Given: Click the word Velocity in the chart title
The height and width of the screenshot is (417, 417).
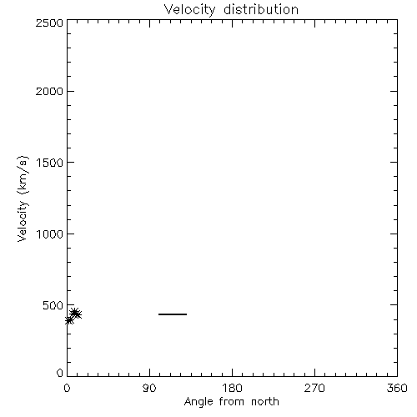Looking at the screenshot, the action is pos(190,10).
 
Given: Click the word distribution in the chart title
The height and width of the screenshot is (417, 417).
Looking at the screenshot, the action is pos(261,9).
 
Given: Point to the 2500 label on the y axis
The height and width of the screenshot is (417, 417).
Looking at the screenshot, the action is pos(49,23).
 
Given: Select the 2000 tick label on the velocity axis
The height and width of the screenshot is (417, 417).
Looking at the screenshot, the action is pos(49,91).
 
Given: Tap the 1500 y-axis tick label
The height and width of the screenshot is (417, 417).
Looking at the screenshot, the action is pos(50,163).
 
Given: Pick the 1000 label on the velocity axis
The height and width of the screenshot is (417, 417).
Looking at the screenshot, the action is pos(50,234).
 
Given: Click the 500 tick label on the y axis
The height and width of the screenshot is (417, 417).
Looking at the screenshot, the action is pos(53,305).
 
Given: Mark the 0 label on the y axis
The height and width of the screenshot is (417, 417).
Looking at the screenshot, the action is pos(60,373).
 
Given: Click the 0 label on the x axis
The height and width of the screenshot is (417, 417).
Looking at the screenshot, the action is pos(67,388).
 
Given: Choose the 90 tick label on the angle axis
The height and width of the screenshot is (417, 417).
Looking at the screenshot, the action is pos(149,388).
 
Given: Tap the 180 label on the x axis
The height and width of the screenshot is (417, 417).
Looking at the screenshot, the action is pos(232,388).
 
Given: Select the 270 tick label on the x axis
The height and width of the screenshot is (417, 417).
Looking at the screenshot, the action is pos(314,388).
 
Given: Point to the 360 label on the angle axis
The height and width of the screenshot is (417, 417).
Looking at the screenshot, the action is pos(397,388).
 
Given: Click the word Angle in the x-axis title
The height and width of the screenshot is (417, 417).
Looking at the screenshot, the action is pos(198,402).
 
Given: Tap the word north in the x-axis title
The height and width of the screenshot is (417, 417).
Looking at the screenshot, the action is pos(265,402).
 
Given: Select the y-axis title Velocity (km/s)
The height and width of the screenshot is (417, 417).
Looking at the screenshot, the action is pos(23,198).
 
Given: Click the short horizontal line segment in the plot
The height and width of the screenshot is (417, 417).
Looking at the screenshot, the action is pos(173,314).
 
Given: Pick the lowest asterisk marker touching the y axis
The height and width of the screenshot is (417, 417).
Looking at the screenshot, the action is pos(69,320).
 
